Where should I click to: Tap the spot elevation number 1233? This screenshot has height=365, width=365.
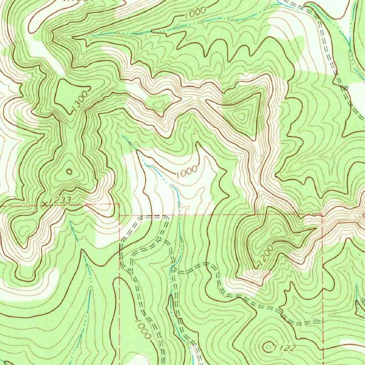[x=60, y=201]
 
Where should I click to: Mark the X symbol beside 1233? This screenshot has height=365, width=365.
[x=45, y=204]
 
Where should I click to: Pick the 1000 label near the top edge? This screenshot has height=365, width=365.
[x=195, y=12]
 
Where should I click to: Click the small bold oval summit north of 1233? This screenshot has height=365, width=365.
[x=69, y=172]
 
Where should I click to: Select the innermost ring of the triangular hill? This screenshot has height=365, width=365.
[x=242, y=115]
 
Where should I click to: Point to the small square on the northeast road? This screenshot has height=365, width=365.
[x=345, y=87]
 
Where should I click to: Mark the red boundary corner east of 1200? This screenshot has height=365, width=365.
[x=322, y=214]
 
